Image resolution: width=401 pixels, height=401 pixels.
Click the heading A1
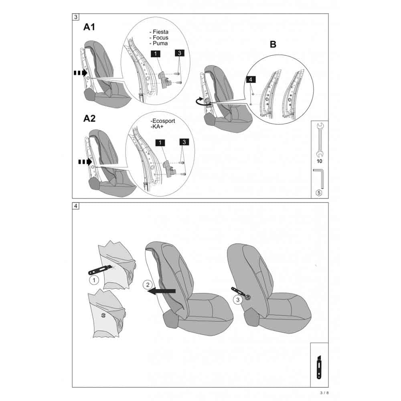pos(89,27)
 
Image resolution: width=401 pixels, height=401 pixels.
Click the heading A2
pos(89,118)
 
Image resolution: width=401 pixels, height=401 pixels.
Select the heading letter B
pos(273,44)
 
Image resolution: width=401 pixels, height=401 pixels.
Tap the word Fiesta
pos(161,32)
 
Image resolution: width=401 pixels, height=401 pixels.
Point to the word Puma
pos(160,43)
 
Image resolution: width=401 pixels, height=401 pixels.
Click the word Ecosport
pos(164,121)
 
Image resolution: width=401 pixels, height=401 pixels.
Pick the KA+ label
pos(158,127)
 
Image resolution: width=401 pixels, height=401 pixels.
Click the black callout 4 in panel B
pos(250,79)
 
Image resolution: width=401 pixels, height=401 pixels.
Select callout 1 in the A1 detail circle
pos(156,54)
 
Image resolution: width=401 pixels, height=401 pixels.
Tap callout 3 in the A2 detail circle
pos(184,142)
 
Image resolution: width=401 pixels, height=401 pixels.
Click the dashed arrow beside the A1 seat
pos(81,73)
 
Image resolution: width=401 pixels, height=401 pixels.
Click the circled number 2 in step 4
pos(148,285)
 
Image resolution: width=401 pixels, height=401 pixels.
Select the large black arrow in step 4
pos(162,291)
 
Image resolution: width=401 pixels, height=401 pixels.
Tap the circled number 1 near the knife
pos(94,280)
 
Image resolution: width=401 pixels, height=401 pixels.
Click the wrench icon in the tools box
pos(320,140)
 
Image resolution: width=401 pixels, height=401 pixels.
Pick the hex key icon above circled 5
pos(319,178)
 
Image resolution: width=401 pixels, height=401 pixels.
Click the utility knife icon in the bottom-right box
pos(319,367)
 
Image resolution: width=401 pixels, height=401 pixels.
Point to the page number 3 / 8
pos(324,393)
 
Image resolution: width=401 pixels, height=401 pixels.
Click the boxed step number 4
pos(76,206)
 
